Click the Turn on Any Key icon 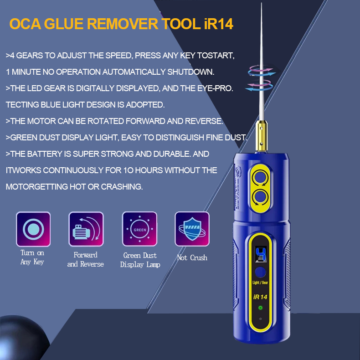pos(33,229)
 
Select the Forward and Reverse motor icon pos(86,229)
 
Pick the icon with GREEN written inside pos(139,229)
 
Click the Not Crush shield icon pos(192,229)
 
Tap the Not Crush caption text pos(192,258)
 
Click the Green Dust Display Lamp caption pos(140,260)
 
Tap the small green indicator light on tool pos(261,308)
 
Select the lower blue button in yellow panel pos(261,197)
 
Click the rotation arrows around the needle pos(261,77)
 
